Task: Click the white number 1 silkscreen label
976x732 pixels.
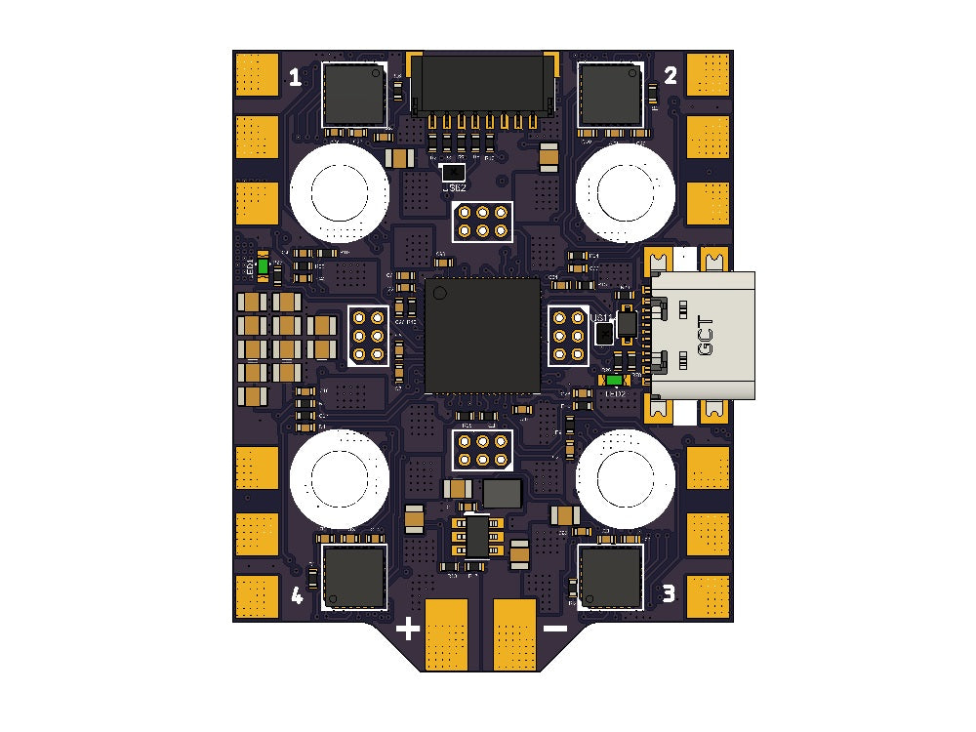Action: pyautogui.click(x=295, y=77)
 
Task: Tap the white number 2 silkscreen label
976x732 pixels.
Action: pyautogui.click(x=671, y=77)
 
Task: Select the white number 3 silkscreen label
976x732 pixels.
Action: pyautogui.click(x=669, y=592)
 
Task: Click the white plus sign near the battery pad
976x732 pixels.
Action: pyautogui.click(x=408, y=629)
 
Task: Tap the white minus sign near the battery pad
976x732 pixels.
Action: pyautogui.click(x=554, y=629)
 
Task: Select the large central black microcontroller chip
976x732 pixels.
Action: pyautogui.click(x=482, y=335)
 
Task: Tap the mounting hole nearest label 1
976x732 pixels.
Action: pyautogui.click(x=338, y=191)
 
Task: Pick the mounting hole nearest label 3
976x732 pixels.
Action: pyautogui.click(x=624, y=478)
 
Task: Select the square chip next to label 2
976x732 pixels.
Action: pyautogui.click(x=610, y=95)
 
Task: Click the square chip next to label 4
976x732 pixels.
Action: pyautogui.click(x=355, y=577)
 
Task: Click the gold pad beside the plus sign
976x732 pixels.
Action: pyautogui.click(x=448, y=634)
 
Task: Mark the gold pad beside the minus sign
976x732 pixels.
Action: pyautogui.click(x=515, y=634)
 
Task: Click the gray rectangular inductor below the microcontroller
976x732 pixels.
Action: pyautogui.click(x=503, y=494)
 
